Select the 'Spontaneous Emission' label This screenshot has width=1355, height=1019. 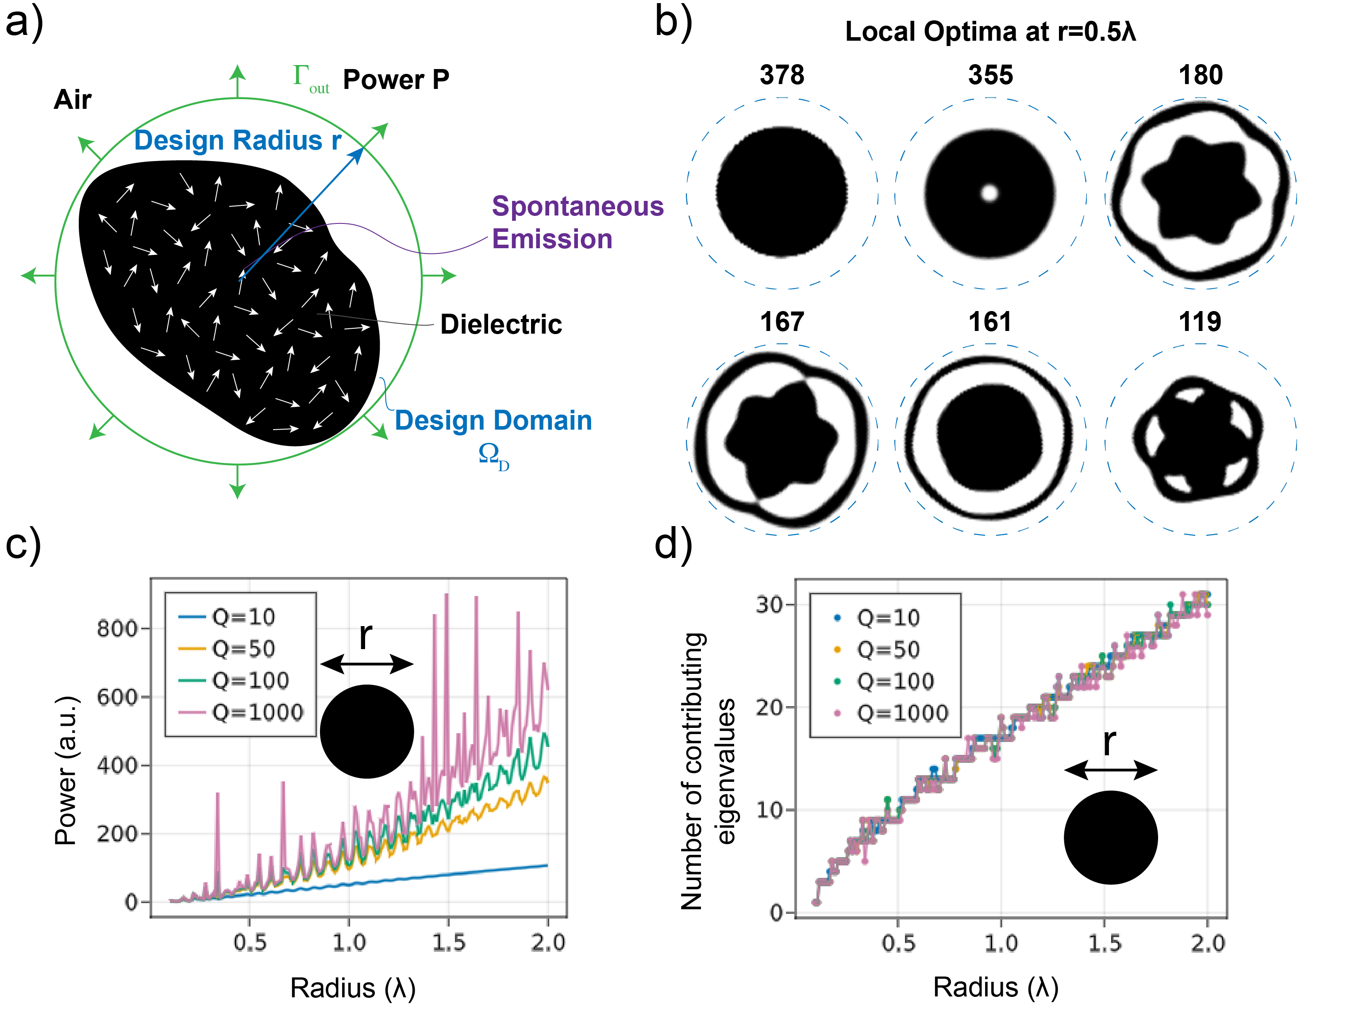577,222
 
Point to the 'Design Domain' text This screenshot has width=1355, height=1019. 493,421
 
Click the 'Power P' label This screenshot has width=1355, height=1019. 396,80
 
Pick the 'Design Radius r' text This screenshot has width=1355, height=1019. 238,140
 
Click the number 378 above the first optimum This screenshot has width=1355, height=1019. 781,75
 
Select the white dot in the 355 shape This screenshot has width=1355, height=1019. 989,193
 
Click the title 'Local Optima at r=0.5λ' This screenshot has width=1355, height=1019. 990,32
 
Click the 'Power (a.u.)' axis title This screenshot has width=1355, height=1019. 66,772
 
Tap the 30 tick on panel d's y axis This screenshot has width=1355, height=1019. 769,604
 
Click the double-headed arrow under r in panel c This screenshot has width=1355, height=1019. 366,663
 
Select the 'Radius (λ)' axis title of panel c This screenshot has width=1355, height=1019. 353,988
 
